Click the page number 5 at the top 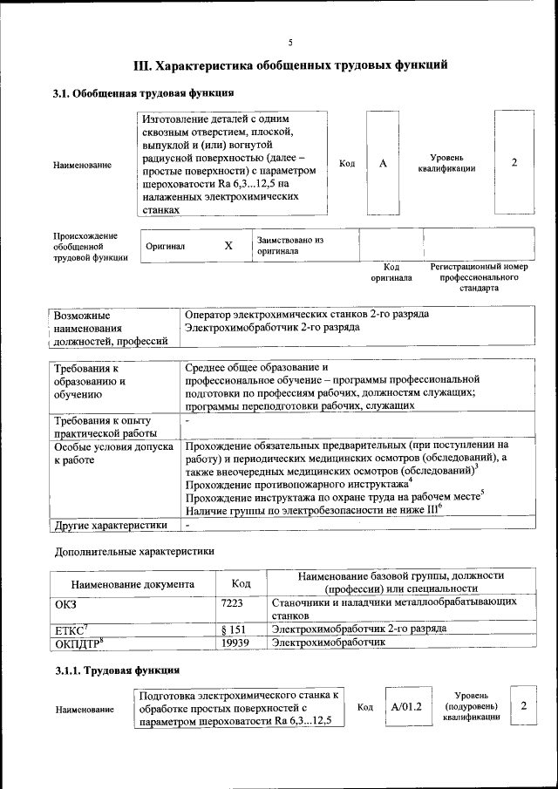click(290, 42)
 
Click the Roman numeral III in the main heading click(142, 65)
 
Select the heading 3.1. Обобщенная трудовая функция click(143, 93)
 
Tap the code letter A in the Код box click(383, 164)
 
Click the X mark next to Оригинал click(228, 246)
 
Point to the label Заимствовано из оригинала click(290, 245)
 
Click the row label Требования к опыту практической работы click(105, 427)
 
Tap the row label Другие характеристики click(111, 526)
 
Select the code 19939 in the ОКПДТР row click(235, 643)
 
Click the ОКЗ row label click(66, 602)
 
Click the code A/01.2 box click(407, 706)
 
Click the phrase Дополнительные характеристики click(133, 551)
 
